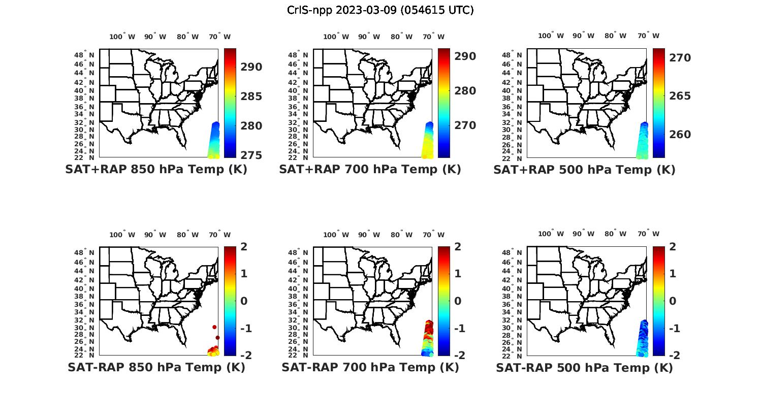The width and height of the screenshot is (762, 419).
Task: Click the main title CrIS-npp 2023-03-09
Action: [380, 10]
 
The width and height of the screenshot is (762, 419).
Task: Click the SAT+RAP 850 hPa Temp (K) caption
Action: [156, 170]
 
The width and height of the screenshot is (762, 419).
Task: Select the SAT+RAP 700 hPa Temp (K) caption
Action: [370, 170]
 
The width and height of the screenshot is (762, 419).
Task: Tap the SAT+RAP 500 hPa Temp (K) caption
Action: [584, 170]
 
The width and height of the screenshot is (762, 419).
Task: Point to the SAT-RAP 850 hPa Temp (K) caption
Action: [156, 367]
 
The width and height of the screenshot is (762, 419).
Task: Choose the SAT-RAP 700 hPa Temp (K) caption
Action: [370, 367]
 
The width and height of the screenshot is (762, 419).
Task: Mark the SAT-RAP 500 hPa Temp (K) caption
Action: [584, 368]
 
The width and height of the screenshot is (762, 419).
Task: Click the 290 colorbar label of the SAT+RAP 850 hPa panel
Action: [251, 67]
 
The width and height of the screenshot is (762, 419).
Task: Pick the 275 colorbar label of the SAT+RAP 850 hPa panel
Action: [251, 155]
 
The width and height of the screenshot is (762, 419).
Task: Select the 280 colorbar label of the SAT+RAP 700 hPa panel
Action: [465, 91]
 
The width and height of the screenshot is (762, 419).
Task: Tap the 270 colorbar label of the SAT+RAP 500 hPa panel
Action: [680, 58]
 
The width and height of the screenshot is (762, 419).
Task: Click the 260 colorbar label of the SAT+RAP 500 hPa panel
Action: [680, 135]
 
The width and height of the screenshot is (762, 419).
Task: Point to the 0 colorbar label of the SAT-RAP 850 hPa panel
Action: [243, 301]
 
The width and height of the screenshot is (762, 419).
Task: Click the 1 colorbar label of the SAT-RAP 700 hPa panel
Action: [458, 274]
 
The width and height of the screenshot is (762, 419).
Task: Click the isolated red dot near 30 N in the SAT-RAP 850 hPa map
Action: [214, 327]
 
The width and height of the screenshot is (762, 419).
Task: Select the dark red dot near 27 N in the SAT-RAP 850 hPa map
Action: [217, 338]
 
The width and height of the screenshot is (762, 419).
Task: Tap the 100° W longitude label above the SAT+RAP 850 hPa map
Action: [122, 37]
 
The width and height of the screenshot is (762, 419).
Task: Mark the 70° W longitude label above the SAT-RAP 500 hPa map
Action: [648, 234]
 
